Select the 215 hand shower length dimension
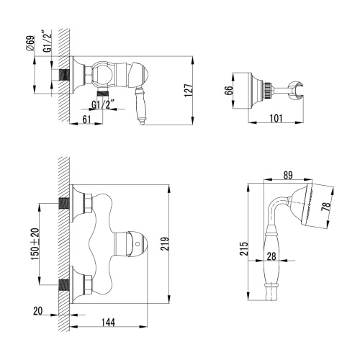point(245,248)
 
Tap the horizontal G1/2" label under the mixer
point(105,103)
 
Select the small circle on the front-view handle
point(138,246)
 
